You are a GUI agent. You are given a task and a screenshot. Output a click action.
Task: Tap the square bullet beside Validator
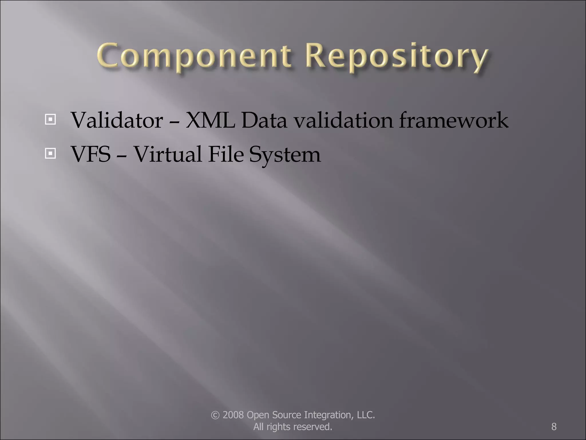click(x=50, y=119)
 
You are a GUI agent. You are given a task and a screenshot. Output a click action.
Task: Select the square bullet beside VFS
click(x=50, y=154)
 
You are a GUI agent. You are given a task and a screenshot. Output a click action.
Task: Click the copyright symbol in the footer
click(x=215, y=415)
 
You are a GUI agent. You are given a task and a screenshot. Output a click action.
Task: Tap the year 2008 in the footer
click(x=233, y=415)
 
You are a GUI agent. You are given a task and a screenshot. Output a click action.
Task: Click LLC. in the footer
click(x=366, y=415)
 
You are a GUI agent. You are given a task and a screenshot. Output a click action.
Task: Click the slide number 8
click(x=554, y=427)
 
